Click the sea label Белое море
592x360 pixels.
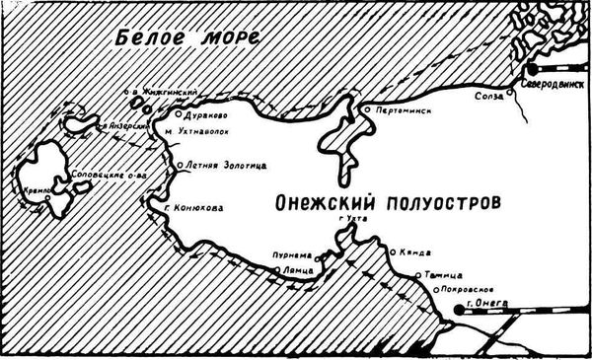pos(186,38)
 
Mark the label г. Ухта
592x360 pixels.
pos(351,219)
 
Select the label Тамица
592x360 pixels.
pos(439,275)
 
